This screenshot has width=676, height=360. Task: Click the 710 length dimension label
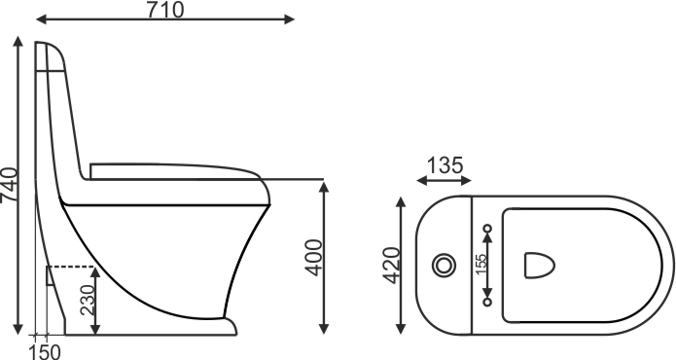(x=165, y=10)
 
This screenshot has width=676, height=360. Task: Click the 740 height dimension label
(x=10, y=185)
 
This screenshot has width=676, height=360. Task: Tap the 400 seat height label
(x=313, y=258)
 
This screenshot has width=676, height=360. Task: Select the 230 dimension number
(x=88, y=300)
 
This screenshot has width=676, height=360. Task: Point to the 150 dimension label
(x=46, y=352)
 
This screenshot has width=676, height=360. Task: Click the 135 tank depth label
(x=445, y=165)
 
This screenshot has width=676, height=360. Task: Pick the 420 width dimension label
(x=392, y=266)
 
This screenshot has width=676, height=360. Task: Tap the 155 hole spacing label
(x=480, y=264)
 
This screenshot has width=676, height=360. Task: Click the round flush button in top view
(x=445, y=266)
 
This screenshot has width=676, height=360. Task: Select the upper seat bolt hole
(x=487, y=229)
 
